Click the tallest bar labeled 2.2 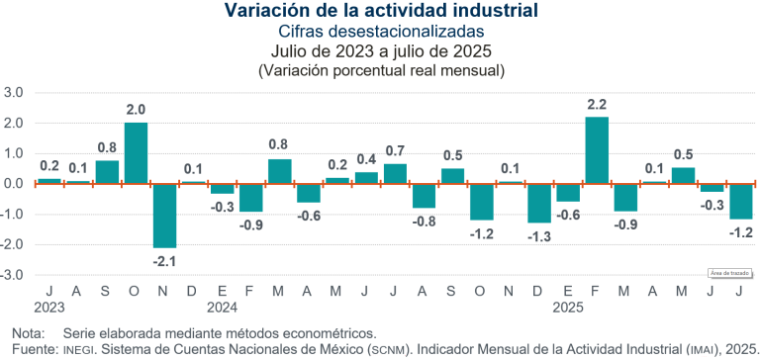(x=597, y=150)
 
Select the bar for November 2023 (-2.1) (x=164, y=215)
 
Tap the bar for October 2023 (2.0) (x=136, y=153)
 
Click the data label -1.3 (x=539, y=236)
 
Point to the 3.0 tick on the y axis (x=14, y=93)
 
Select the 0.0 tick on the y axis (x=14, y=184)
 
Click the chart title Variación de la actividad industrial (x=381, y=12)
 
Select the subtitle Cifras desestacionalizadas (x=381, y=32)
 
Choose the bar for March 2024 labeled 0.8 (x=280, y=171)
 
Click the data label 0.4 (x=366, y=159)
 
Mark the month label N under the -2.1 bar (x=164, y=292)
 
